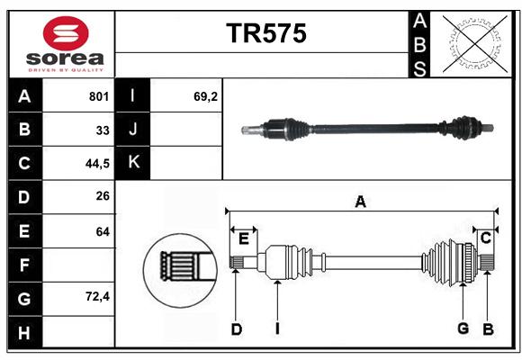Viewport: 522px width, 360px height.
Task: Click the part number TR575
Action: [266, 33]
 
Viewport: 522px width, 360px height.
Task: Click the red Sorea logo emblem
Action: [66, 33]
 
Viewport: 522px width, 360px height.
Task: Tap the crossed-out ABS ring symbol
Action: [475, 44]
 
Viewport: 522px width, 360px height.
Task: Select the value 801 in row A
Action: [99, 96]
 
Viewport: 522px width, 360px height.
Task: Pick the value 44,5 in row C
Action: [97, 164]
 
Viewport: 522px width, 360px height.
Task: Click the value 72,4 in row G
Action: [97, 296]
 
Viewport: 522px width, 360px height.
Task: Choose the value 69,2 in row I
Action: [205, 96]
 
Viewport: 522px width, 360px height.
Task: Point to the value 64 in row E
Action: [103, 231]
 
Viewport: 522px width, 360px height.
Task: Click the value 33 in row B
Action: [103, 130]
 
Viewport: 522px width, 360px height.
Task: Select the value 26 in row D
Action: [103, 196]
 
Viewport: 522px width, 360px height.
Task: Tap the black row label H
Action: [25, 332]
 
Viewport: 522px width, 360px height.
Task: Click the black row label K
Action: [133, 163]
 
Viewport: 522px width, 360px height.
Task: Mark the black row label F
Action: [25, 265]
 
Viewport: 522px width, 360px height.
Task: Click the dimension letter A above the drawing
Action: [360, 202]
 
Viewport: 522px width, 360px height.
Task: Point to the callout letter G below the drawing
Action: [463, 328]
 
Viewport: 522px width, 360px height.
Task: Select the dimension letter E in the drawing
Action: [244, 238]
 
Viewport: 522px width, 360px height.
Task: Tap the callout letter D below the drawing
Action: [237, 329]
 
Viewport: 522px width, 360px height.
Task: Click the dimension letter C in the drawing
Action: [486, 238]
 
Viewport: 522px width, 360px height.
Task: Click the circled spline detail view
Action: [180, 270]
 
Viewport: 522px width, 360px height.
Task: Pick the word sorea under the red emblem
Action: [65, 58]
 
